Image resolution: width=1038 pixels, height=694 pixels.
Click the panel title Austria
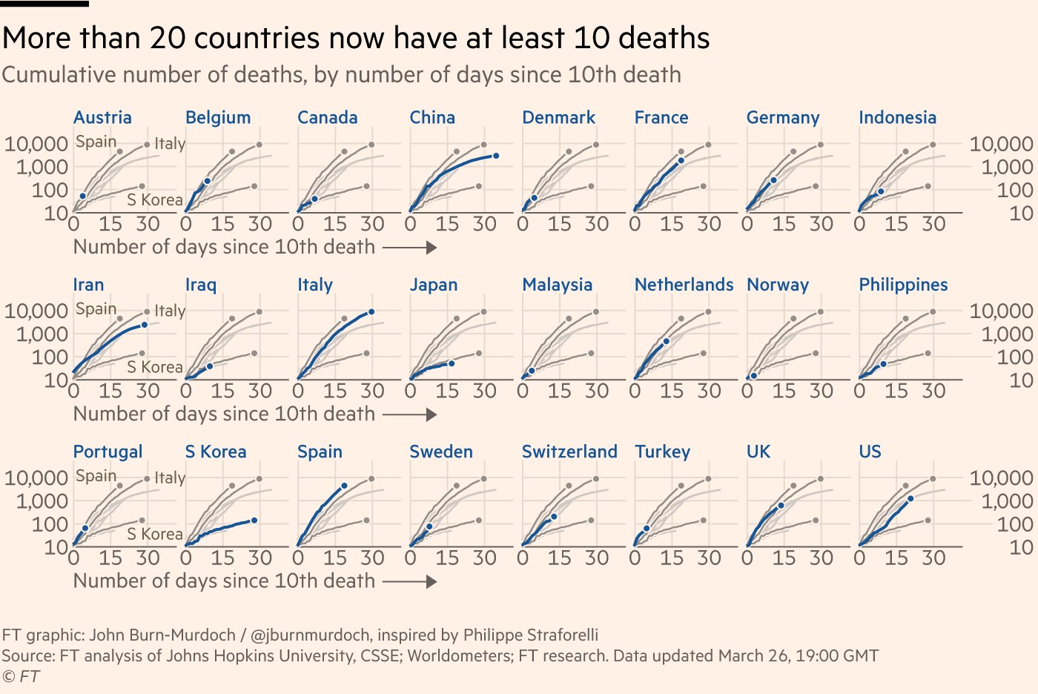pos(102,117)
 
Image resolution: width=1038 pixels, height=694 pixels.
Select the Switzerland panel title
pos(569,452)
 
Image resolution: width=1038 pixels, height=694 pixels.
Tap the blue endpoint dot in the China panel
pos(495,156)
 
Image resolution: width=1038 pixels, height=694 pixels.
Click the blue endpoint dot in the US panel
pos(910,499)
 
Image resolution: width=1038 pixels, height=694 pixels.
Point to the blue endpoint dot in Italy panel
pos(371,312)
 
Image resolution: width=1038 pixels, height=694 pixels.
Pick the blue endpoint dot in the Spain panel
pos(344,486)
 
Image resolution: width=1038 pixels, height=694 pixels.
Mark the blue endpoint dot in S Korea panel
pos(254,520)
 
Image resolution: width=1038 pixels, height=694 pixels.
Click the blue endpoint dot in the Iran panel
pos(145,325)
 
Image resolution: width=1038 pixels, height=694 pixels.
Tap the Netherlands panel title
pos(683,285)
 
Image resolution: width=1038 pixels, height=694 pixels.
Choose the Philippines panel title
pos(903,285)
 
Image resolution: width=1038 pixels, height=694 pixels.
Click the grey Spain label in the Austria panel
pos(96,142)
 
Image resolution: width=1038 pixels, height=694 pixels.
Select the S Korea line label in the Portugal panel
pos(154,534)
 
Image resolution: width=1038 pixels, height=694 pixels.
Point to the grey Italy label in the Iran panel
pos(170,311)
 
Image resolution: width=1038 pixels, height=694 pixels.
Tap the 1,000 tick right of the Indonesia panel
pos(1002,167)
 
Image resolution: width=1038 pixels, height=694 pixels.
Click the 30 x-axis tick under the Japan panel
pos(485,391)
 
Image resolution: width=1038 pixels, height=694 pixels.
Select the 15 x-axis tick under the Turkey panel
pos(672,558)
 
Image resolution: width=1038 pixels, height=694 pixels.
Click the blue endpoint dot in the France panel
pos(681,160)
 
